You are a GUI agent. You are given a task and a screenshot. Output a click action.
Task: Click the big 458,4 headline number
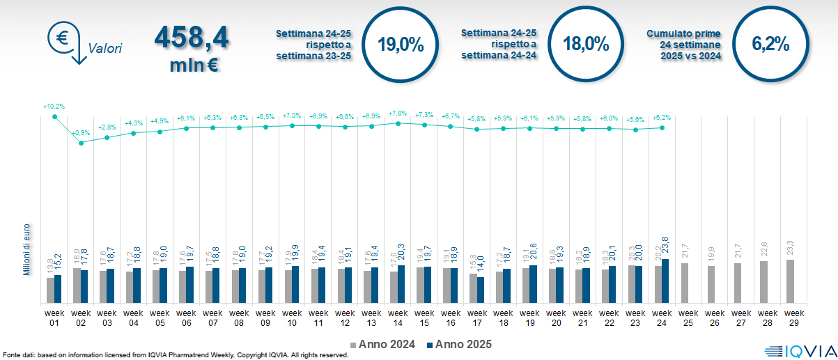[x=191, y=38]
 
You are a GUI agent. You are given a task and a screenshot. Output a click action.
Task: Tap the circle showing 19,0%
[x=401, y=44]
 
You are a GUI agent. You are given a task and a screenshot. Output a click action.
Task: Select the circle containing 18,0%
[x=586, y=44]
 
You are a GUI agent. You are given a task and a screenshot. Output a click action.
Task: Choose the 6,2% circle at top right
[x=770, y=44]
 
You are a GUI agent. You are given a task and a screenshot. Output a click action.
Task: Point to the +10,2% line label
[x=54, y=107]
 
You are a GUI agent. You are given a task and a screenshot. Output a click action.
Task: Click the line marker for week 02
[x=82, y=143]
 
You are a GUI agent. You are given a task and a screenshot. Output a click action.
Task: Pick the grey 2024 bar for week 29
[x=790, y=281]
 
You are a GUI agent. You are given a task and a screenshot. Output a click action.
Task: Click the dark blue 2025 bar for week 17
[x=481, y=290]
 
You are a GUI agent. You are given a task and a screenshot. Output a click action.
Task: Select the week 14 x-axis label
[x=398, y=318]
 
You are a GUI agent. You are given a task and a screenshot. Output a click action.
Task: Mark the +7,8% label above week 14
[x=398, y=114]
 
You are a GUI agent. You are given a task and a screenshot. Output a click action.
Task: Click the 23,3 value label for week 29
[x=790, y=249]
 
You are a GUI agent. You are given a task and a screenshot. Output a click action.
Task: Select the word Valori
[x=105, y=49]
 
